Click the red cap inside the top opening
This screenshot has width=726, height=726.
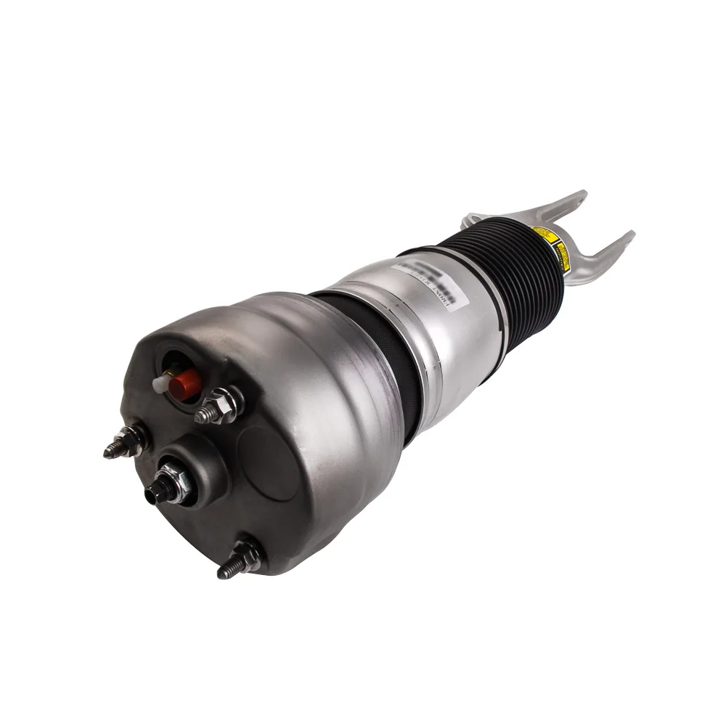tap(185, 384)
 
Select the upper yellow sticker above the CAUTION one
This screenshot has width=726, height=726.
tap(543, 234)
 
